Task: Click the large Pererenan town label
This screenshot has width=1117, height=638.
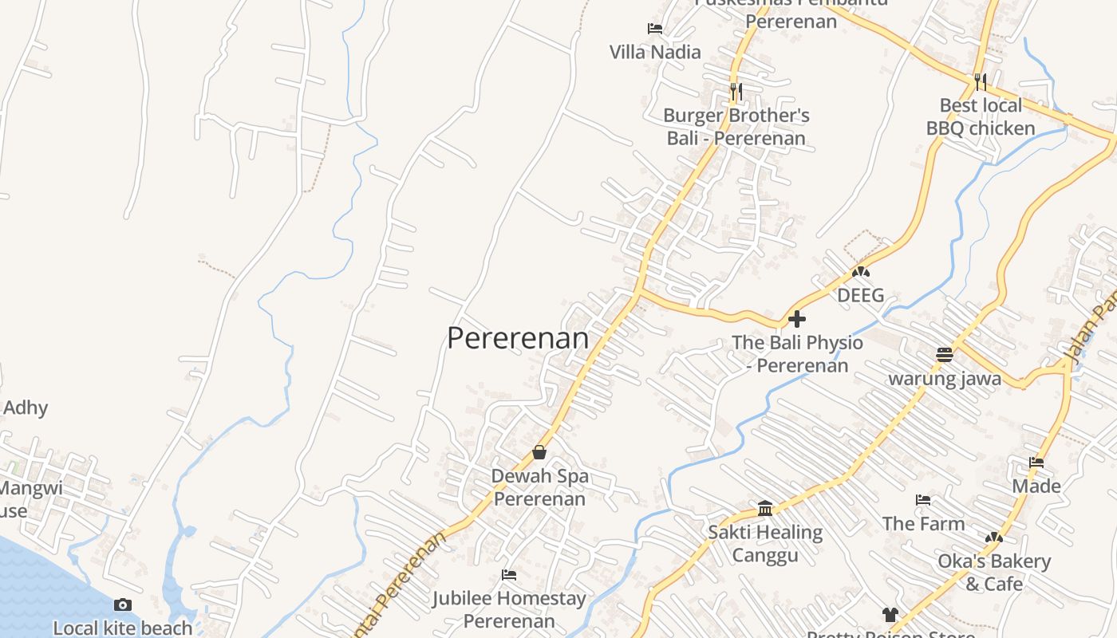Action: [x=518, y=338]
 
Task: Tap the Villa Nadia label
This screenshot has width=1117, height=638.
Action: [x=655, y=53]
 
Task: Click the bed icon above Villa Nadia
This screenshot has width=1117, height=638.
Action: [x=655, y=30]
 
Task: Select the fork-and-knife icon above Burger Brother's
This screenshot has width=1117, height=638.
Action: [x=736, y=92]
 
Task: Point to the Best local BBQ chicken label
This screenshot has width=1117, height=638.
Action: [x=981, y=116]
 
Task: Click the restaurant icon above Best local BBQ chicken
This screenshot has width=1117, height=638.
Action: [x=981, y=81]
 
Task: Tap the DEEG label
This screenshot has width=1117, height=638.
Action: [x=860, y=296]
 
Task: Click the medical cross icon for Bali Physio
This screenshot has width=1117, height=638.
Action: [x=796, y=320]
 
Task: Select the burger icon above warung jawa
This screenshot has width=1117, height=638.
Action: [x=945, y=355]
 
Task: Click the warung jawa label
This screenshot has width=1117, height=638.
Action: [x=945, y=378]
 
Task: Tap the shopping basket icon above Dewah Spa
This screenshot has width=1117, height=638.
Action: [x=539, y=452]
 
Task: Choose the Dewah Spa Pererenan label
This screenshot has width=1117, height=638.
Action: [x=539, y=487]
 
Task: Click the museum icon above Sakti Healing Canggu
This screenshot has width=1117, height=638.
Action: [x=765, y=508]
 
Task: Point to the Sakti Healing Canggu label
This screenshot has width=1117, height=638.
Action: [x=765, y=543]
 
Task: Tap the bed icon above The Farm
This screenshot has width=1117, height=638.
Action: [x=923, y=501]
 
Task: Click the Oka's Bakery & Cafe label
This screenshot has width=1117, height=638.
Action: [x=994, y=573]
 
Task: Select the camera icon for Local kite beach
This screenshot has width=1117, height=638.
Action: [x=122, y=605]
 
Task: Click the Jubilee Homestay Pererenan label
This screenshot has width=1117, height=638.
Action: [x=509, y=609]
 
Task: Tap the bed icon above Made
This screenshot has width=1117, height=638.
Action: [x=1036, y=463]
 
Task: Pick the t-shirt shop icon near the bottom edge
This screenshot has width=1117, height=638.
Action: [x=890, y=615]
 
